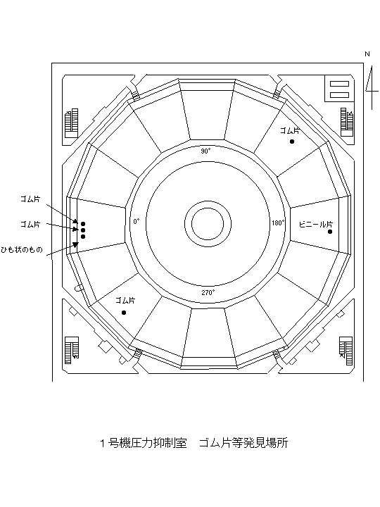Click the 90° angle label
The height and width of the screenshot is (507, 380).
pyautogui.click(x=205, y=151)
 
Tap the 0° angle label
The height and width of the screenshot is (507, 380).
pyautogui.click(x=137, y=222)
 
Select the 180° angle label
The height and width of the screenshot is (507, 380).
pyautogui.click(x=278, y=223)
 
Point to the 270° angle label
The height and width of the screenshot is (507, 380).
pyautogui.click(x=208, y=293)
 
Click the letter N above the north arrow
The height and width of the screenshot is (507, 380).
pyautogui.click(x=367, y=54)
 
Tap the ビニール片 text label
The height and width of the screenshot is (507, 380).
pyautogui.click(x=316, y=224)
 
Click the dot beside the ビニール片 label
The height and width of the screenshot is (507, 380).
pyautogui.click(x=330, y=232)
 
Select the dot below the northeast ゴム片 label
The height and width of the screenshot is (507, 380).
pyautogui.click(x=292, y=142)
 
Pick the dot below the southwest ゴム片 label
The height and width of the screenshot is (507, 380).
pyautogui.click(x=124, y=313)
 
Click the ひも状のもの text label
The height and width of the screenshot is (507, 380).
pyautogui.click(x=22, y=249)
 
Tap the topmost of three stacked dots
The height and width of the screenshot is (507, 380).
pyautogui.click(x=83, y=224)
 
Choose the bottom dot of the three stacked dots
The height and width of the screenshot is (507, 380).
pyautogui.click(x=83, y=237)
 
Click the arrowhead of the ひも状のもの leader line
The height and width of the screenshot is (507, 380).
pyautogui.click(x=75, y=245)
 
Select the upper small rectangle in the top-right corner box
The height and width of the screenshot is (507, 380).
pyautogui.click(x=339, y=84)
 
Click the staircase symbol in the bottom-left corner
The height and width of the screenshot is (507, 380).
pyautogui.click(x=71, y=350)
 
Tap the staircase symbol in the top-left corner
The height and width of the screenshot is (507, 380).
pyautogui.click(x=72, y=123)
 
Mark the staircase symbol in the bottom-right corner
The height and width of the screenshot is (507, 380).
pyautogui.click(x=346, y=351)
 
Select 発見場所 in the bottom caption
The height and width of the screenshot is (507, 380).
pyautogui.click(x=265, y=443)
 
